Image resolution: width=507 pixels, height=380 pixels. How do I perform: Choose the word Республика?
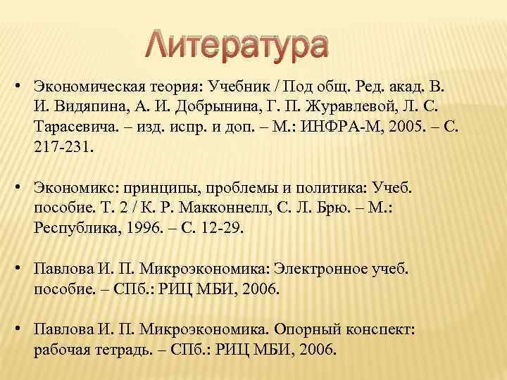tap(77, 231)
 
